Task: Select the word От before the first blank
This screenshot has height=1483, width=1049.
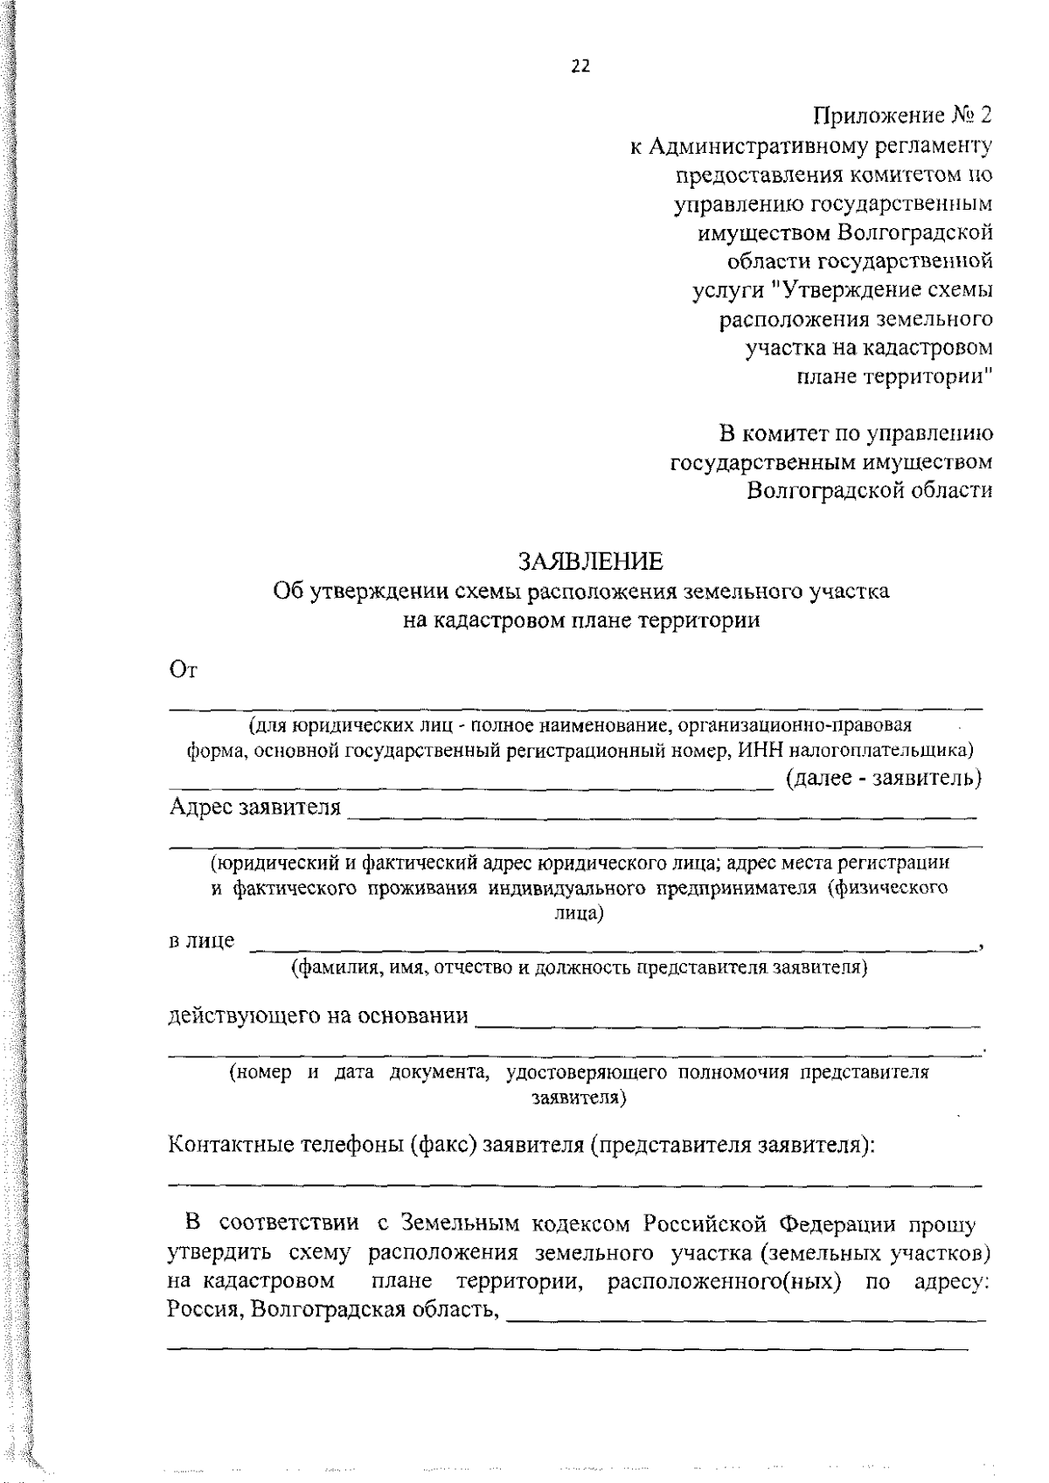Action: [x=184, y=670]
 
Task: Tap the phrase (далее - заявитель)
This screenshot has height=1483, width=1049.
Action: [x=884, y=778]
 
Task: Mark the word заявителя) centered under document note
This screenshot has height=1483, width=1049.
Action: [x=579, y=1097]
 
